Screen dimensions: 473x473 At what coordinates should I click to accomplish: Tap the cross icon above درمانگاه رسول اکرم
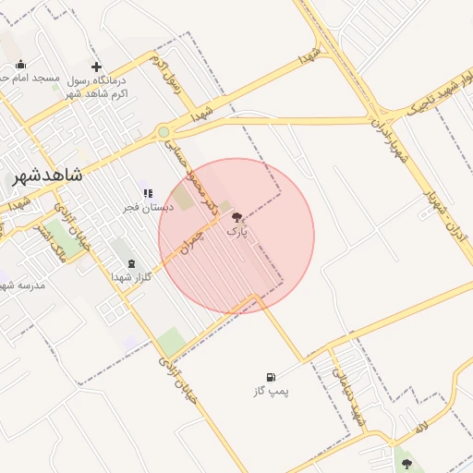click(97, 67)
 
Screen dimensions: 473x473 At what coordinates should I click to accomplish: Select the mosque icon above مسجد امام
click(21, 65)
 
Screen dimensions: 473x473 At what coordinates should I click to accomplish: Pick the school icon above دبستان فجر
click(148, 193)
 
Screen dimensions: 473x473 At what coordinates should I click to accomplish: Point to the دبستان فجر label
click(148, 207)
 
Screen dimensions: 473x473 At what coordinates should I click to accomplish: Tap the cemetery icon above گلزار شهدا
click(130, 263)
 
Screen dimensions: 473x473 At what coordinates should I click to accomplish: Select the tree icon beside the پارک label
click(237, 217)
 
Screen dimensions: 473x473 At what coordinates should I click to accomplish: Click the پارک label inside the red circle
click(237, 231)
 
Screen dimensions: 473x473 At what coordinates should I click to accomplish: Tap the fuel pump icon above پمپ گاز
click(271, 377)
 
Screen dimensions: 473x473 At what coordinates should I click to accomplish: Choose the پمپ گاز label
click(271, 391)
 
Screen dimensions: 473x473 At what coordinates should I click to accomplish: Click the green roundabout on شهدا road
click(164, 132)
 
